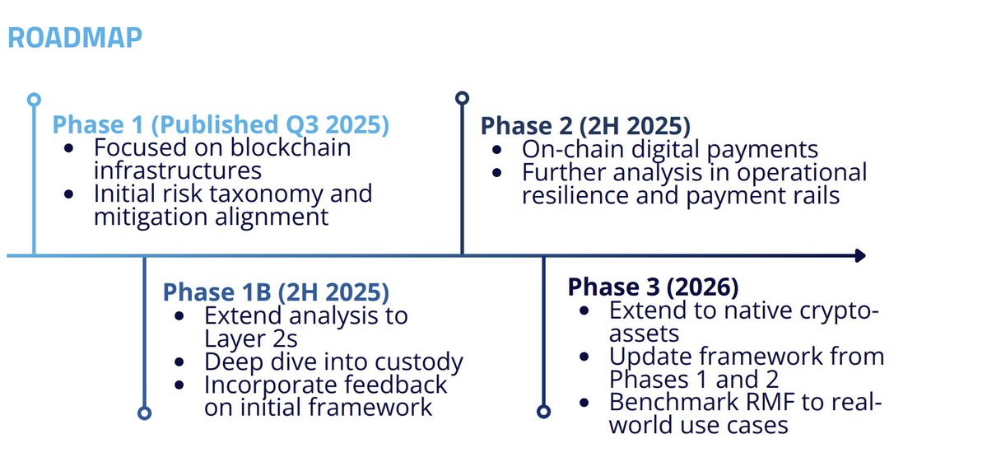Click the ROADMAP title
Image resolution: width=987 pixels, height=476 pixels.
point(75,38)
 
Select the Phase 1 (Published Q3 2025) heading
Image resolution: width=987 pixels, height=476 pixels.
point(221,124)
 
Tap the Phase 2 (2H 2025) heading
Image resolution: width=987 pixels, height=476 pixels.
point(585,125)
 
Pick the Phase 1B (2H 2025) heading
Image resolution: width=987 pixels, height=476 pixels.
point(276,292)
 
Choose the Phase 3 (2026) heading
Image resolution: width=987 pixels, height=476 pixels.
point(653,287)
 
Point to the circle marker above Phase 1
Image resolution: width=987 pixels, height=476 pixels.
point(34,100)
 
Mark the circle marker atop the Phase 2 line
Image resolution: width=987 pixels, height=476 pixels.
point(462,98)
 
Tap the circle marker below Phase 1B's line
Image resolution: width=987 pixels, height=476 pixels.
point(144,413)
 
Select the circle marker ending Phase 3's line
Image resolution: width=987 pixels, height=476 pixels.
point(544,412)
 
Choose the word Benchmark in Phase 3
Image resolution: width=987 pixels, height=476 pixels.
point(678,402)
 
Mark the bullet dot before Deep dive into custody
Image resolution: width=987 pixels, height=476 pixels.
point(180,362)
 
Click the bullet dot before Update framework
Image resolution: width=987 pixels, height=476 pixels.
point(585,357)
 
